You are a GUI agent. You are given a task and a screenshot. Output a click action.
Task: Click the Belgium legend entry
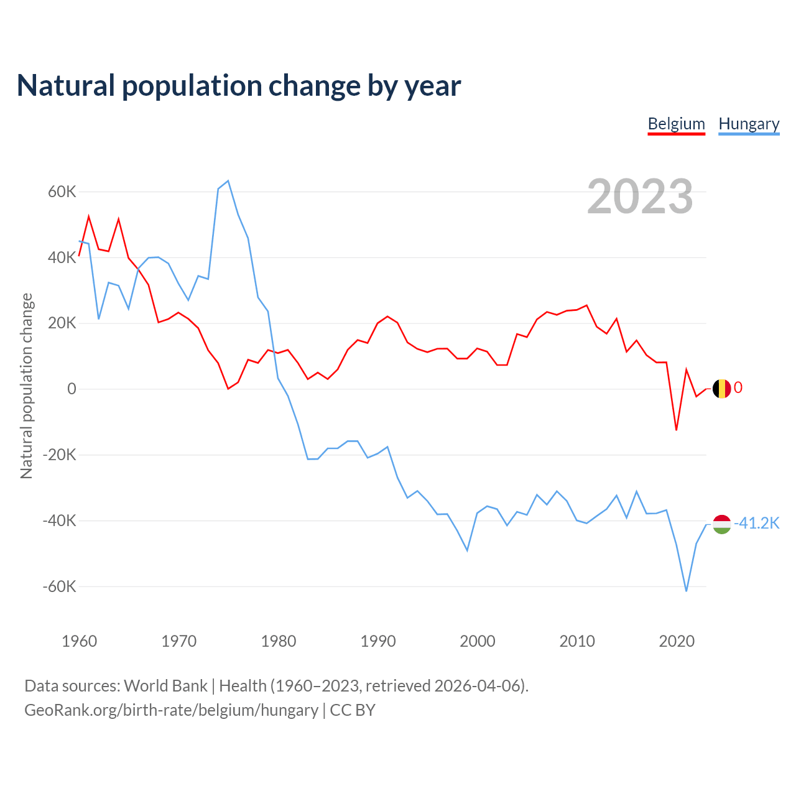coord(676,124)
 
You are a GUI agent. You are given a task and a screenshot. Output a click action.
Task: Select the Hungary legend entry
coord(749,124)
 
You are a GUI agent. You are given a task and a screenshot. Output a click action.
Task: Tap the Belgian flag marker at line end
coord(721,389)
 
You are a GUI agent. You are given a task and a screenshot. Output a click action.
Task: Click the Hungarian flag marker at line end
coord(721,524)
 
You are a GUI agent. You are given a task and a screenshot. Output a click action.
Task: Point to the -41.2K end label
coord(756,523)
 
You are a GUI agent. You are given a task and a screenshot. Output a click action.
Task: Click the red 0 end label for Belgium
coord(738,387)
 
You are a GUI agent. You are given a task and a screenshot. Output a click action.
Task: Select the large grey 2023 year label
coord(640,196)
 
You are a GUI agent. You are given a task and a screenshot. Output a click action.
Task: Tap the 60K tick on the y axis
coord(62,192)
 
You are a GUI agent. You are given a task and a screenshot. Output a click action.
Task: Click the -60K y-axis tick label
coord(60,586)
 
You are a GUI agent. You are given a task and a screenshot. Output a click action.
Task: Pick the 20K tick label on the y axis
coord(62,323)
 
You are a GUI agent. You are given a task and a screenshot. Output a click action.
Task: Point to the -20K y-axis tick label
coord(60,455)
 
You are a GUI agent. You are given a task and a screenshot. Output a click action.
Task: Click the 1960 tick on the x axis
coord(80,641)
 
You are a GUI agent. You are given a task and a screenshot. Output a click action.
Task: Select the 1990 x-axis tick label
coord(378,641)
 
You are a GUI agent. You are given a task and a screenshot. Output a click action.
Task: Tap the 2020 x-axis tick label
coord(677,641)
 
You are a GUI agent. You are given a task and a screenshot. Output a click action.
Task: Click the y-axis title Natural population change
coord(27,386)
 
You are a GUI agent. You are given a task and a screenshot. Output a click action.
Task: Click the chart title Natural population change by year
coord(239,86)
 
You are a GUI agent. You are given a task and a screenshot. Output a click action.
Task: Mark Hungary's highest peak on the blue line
coord(228,181)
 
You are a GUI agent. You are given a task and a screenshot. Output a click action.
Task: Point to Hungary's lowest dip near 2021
coord(686,591)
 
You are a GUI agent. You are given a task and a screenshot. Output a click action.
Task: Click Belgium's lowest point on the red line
coord(676,430)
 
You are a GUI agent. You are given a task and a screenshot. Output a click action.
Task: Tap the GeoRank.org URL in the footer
coord(171,710)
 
